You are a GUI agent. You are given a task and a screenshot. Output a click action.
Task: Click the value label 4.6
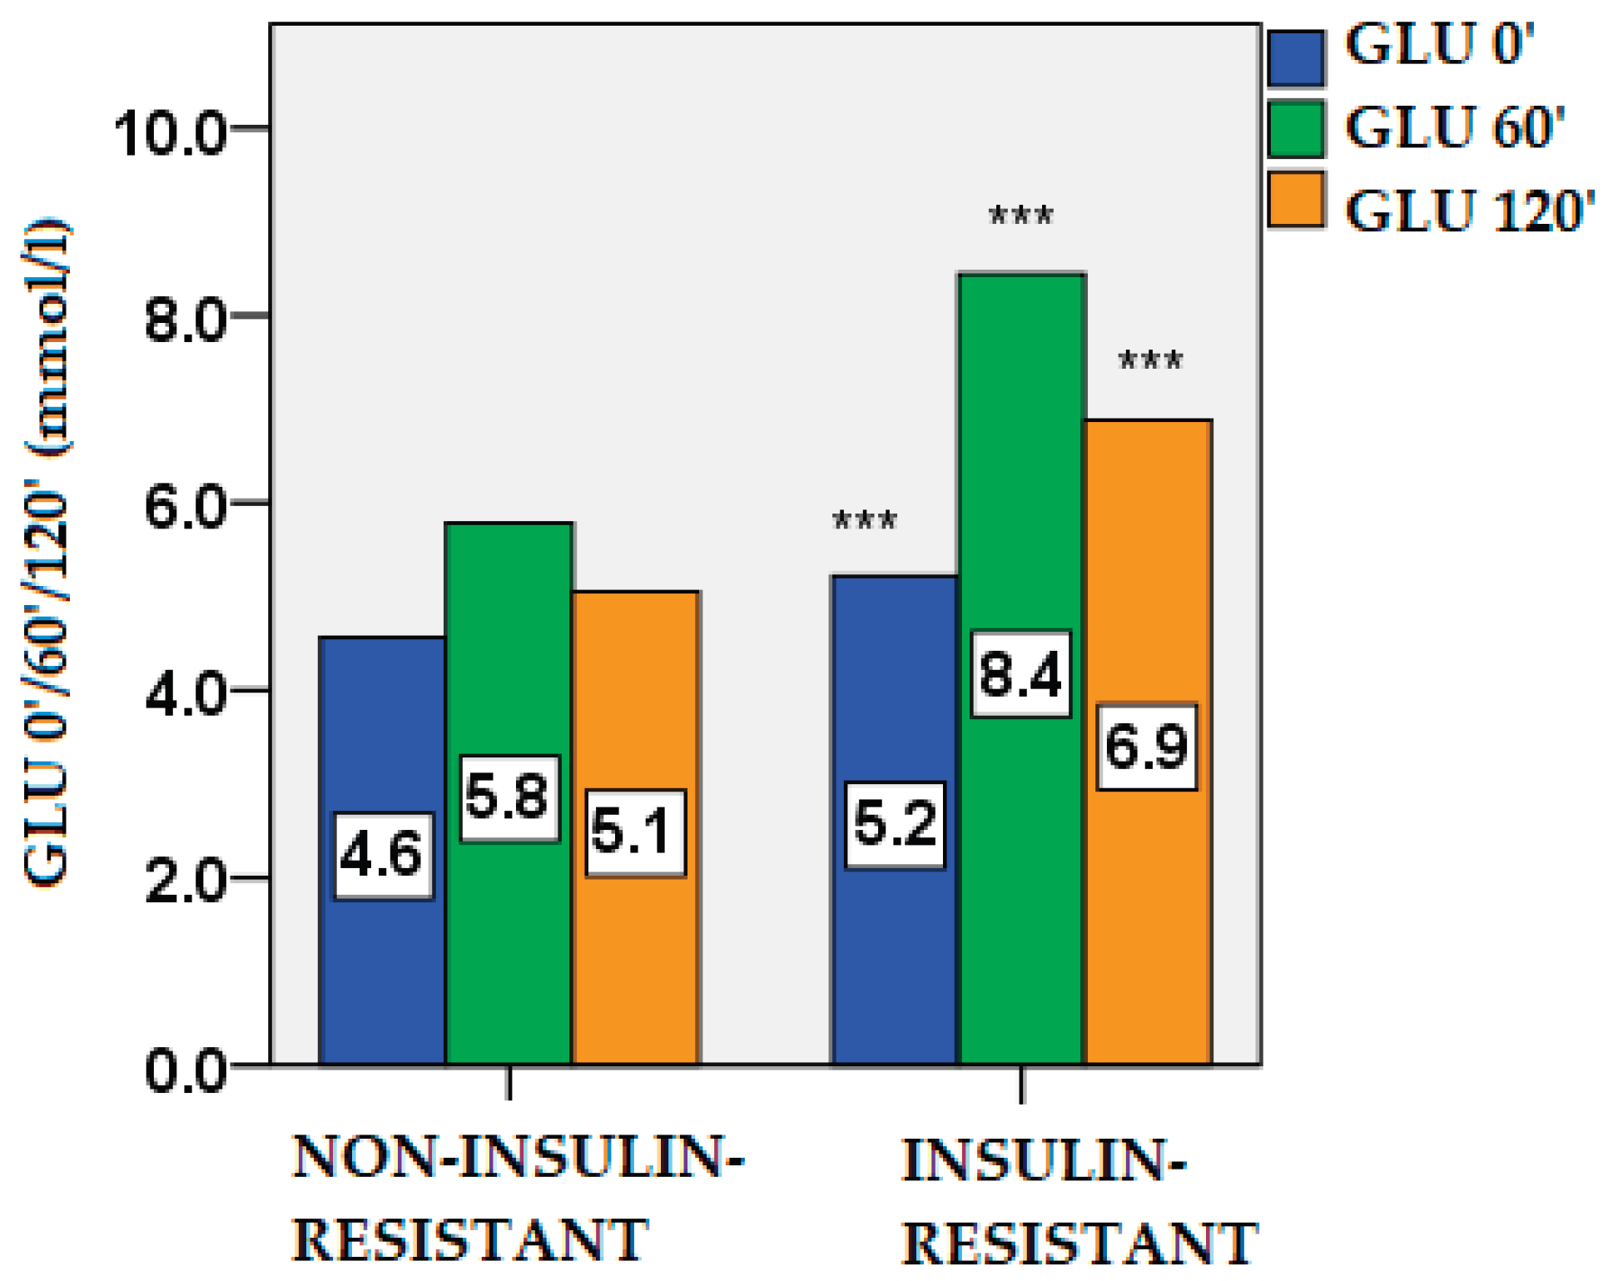(x=384, y=856)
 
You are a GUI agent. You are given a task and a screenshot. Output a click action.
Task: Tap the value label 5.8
(x=509, y=798)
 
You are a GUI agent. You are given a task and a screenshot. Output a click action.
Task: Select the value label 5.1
(x=635, y=832)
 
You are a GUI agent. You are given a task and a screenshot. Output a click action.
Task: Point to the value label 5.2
(x=895, y=825)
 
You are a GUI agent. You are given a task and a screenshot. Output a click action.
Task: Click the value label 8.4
(x=1020, y=673)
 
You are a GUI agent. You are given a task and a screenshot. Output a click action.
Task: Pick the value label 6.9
(x=1146, y=747)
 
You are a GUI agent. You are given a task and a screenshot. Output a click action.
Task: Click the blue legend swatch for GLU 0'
(x=1296, y=58)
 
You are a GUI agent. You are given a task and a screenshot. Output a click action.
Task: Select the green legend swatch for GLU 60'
(x=1296, y=128)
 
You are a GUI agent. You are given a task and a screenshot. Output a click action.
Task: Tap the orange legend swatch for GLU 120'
(x=1296, y=200)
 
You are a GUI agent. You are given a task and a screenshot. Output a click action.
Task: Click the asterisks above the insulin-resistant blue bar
(x=865, y=522)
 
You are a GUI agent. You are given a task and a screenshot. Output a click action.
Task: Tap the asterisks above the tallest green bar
(x=1020, y=217)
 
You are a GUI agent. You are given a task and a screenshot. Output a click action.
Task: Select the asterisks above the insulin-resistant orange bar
(x=1149, y=361)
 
